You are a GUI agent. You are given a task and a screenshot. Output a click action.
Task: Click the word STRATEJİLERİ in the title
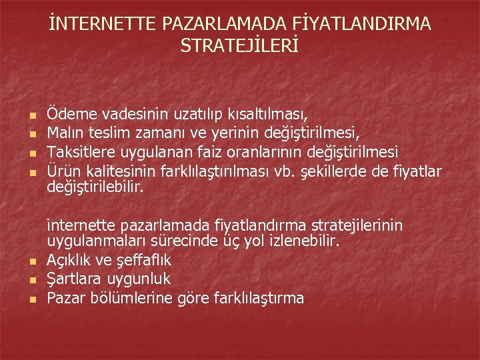click(x=240, y=46)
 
